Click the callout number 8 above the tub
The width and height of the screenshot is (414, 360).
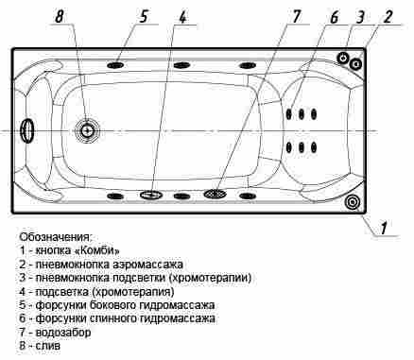60,16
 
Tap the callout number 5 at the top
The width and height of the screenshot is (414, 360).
144,16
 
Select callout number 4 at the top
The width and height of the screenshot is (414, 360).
182,17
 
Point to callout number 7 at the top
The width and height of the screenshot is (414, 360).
296,16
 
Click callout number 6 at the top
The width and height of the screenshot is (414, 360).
334,17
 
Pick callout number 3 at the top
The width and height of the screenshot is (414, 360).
361,17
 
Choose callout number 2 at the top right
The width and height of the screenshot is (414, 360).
388,17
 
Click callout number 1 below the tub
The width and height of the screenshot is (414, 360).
383,228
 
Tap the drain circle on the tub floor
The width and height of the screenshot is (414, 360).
87,130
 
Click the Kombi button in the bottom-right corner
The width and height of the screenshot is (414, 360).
352,202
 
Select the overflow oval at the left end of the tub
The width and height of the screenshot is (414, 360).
27,131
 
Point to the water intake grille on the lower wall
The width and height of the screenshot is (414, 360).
215,194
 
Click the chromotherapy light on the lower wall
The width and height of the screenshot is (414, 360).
151,195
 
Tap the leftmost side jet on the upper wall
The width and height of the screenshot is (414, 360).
115,65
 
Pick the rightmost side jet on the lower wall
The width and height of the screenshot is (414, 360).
248,196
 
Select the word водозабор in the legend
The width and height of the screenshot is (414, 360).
63,333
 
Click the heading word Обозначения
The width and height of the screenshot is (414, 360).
56,237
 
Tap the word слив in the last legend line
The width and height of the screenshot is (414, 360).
48,346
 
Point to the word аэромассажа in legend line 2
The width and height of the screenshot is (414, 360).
147,265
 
